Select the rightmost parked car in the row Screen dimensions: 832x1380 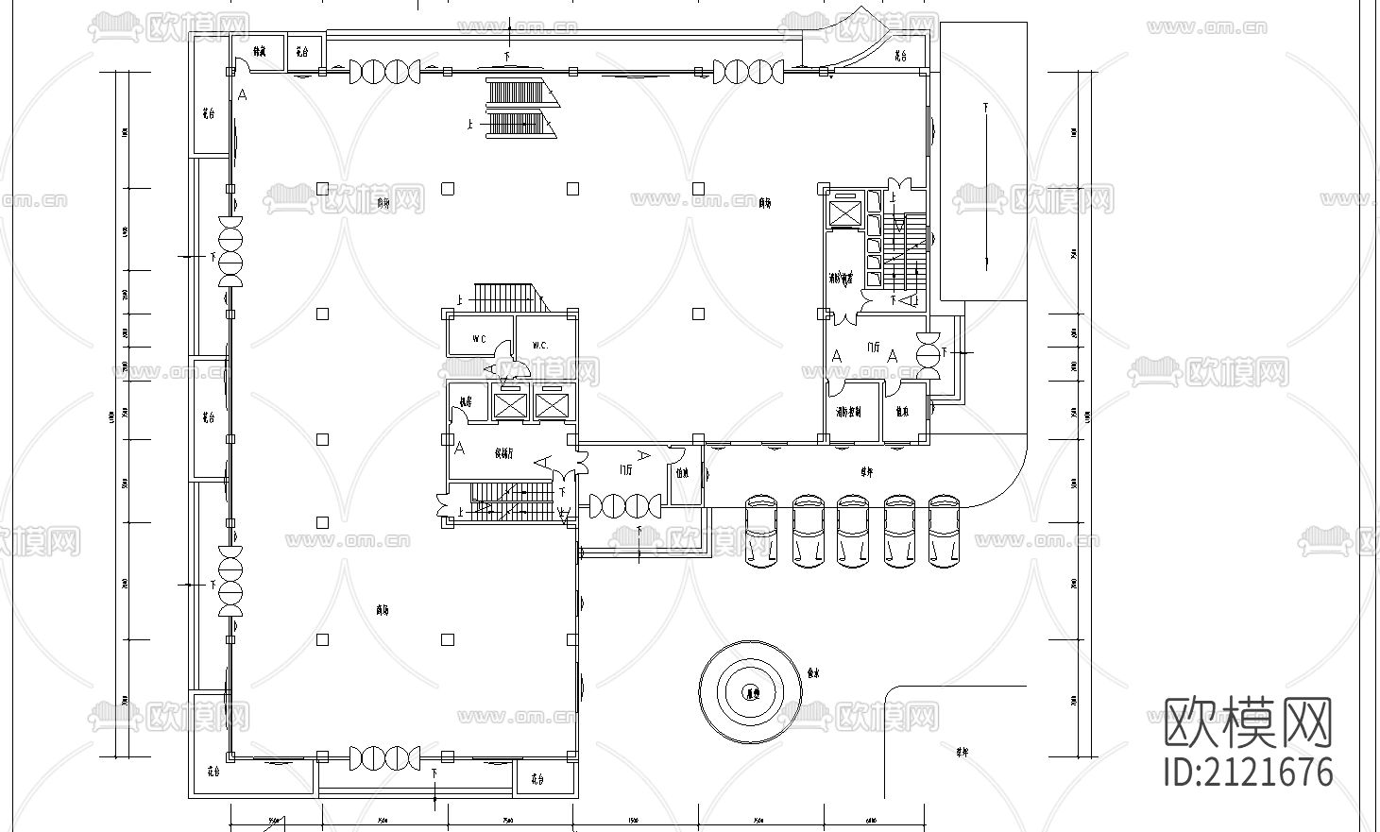pyautogui.click(x=944, y=531)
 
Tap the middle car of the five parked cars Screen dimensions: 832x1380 pyautogui.click(x=853, y=531)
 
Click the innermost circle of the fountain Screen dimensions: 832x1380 pyautogui.click(x=751, y=692)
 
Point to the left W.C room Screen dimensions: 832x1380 pyautogui.click(x=479, y=339)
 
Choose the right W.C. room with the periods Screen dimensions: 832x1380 pyautogui.click(x=539, y=345)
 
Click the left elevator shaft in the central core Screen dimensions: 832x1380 pyautogui.click(x=511, y=405)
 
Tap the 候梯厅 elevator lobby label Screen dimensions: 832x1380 pyautogui.click(x=503, y=454)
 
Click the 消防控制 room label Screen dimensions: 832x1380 pyautogui.click(x=848, y=412)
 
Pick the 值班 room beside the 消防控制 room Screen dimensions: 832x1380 pyautogui.click(x=902, y=412)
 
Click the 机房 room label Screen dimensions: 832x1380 pyautogui.click(x=465, y=401)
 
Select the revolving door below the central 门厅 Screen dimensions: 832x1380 pyautogui.click(x=624, y=505)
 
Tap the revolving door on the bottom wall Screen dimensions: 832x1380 pyautogui.click(x=384, y=756)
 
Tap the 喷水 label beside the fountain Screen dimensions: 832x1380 pyautogui.click(x=813, y=673)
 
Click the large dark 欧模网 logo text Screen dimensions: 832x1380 pyautogui.click(x=1249, y=723)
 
